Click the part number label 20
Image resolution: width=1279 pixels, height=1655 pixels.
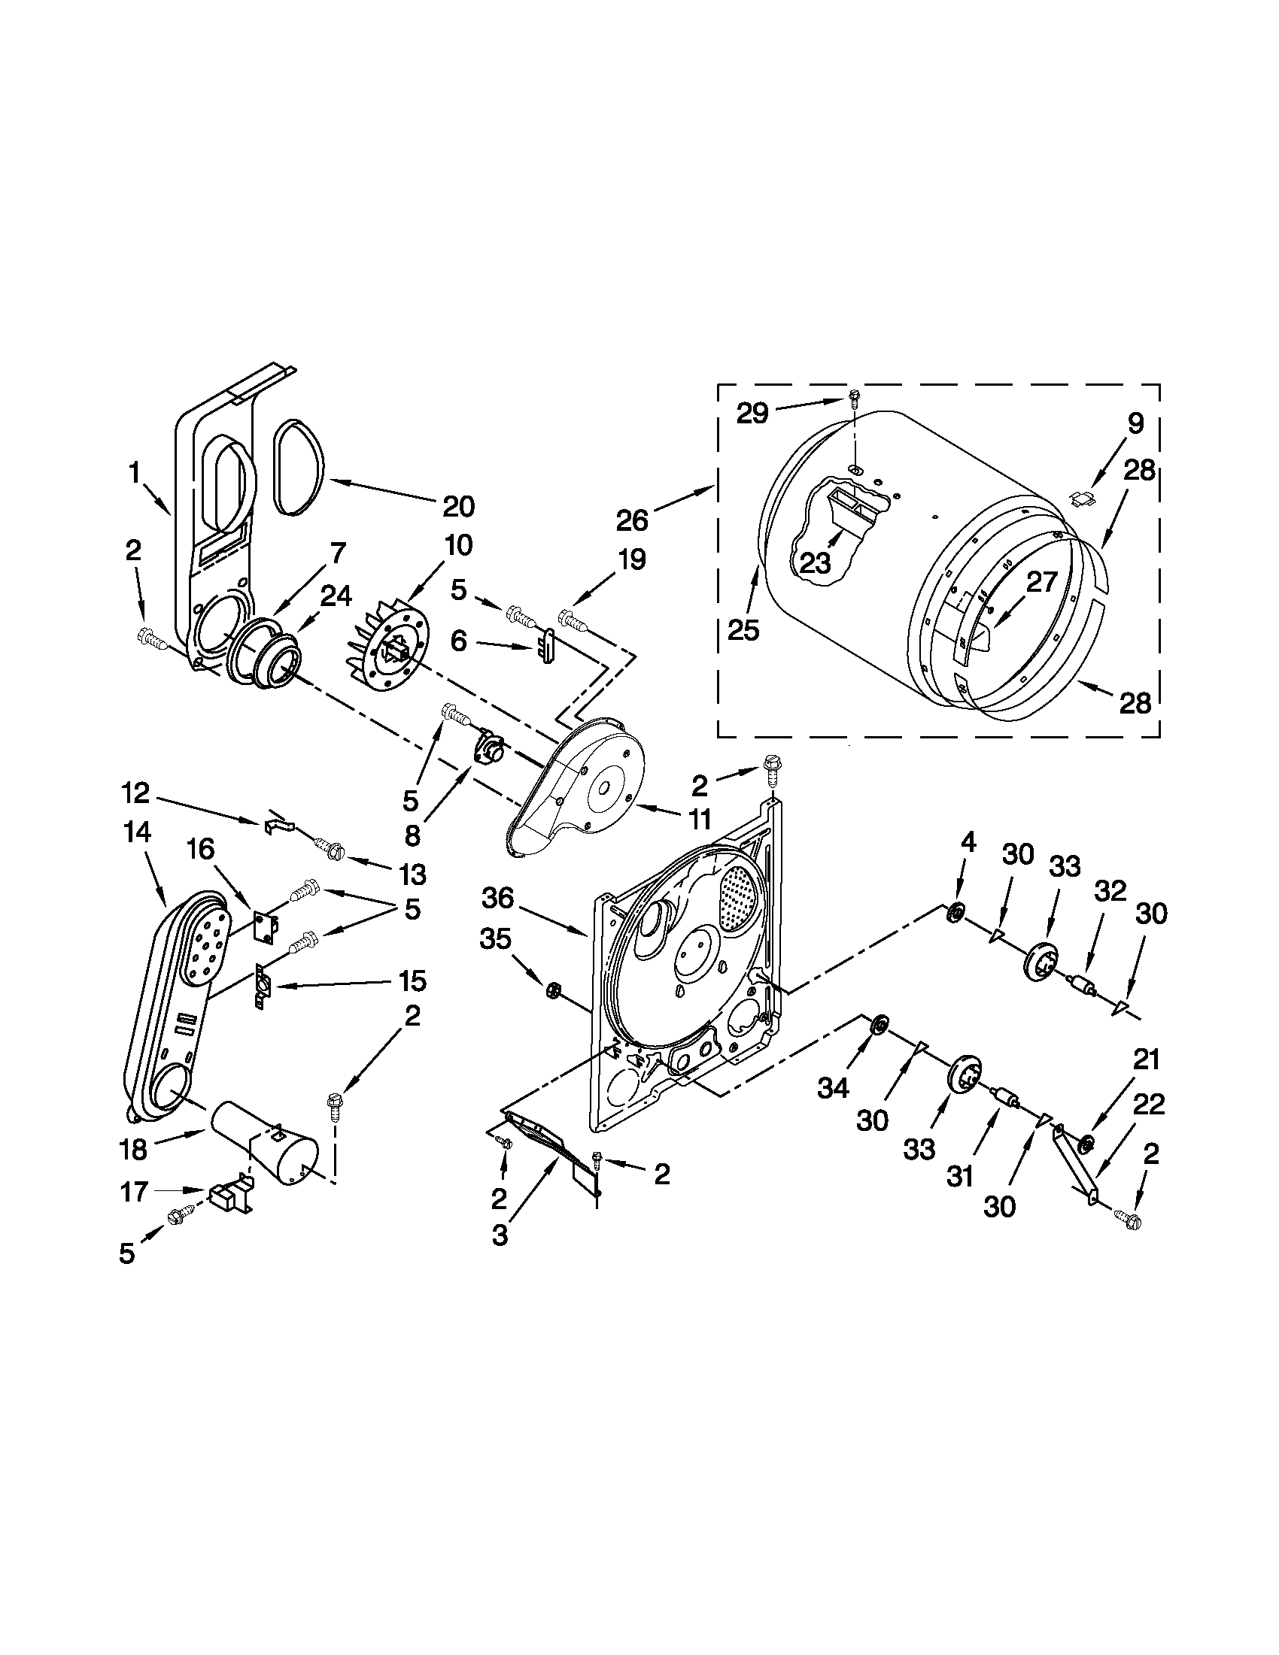(458, 505)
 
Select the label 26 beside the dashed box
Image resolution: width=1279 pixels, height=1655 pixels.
(632, 520)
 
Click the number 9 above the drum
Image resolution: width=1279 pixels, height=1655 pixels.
(1135, 423)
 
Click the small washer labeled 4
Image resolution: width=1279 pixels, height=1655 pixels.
(956, 913)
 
